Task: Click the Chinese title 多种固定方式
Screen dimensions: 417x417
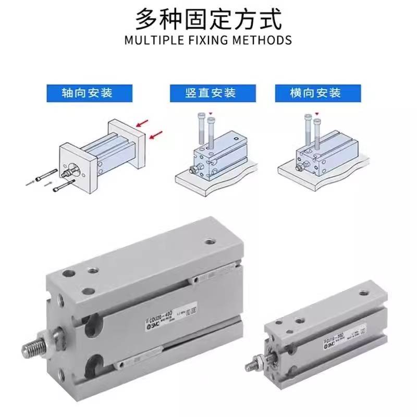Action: (208, 19)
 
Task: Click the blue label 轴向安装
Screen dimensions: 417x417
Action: (87, 93)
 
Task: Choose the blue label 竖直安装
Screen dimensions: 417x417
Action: (211, 93)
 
